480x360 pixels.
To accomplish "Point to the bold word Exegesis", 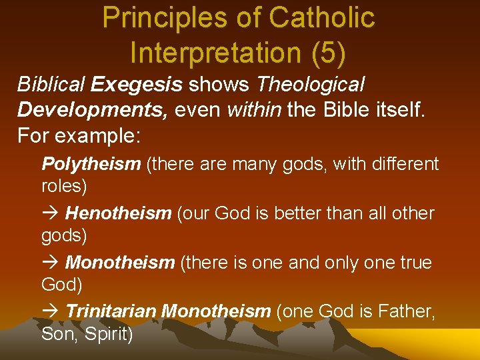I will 137,85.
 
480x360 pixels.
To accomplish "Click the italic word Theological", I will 311,85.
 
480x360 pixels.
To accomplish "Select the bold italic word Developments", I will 93,109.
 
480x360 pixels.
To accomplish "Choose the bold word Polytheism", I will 91,164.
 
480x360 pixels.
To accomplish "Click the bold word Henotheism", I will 118,213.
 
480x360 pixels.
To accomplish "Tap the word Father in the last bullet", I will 405,311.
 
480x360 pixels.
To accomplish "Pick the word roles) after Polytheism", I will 64,186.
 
